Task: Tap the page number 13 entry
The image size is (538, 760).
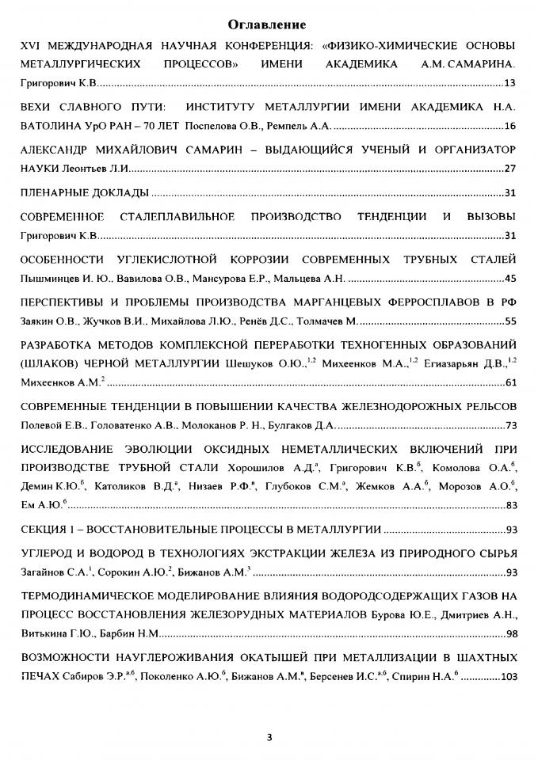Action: (x=510, y=82)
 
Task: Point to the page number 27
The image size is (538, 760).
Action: (x=510, y=169)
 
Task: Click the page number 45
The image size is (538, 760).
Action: (x=510, y=279)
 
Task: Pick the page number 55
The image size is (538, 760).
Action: (x=510, y=321)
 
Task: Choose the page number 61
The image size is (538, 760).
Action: (x=510, y=383)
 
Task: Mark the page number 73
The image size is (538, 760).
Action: (x=510, y=426)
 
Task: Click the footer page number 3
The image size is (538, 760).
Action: (x=269, y=738)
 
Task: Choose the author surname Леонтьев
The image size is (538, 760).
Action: (x=80, y=169)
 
